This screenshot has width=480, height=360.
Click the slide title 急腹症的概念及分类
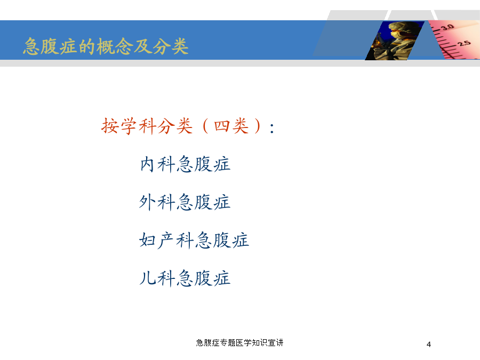[106, 46]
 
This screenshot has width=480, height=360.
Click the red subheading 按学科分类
[147, 126]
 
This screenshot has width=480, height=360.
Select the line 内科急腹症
[185, 164]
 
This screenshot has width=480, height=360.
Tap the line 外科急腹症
[185, 202]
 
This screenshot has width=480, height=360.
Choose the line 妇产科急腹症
[194, 240]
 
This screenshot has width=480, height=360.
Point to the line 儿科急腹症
[185, 278]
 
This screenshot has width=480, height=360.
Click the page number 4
[429, 345]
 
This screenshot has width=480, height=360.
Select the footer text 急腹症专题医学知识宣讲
[239, 342]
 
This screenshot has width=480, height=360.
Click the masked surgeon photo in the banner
[395, 41]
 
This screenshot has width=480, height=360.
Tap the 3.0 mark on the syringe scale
[447, 27]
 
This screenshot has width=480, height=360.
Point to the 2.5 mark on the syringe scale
[465, 43]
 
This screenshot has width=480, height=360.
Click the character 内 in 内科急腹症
[147, 164]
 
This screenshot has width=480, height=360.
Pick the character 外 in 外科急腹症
[147, 202]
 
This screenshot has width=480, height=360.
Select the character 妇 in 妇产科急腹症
[147, 241]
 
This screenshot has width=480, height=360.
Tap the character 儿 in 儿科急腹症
[147, 278]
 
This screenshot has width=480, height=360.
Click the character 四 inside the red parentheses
[222, 126]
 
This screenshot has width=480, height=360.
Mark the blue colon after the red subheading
[272, 128]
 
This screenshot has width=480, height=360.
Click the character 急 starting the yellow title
[31, 46]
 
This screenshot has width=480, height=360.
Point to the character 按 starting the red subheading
[110, 126]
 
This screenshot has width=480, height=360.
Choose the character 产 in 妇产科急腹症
[166, 241]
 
